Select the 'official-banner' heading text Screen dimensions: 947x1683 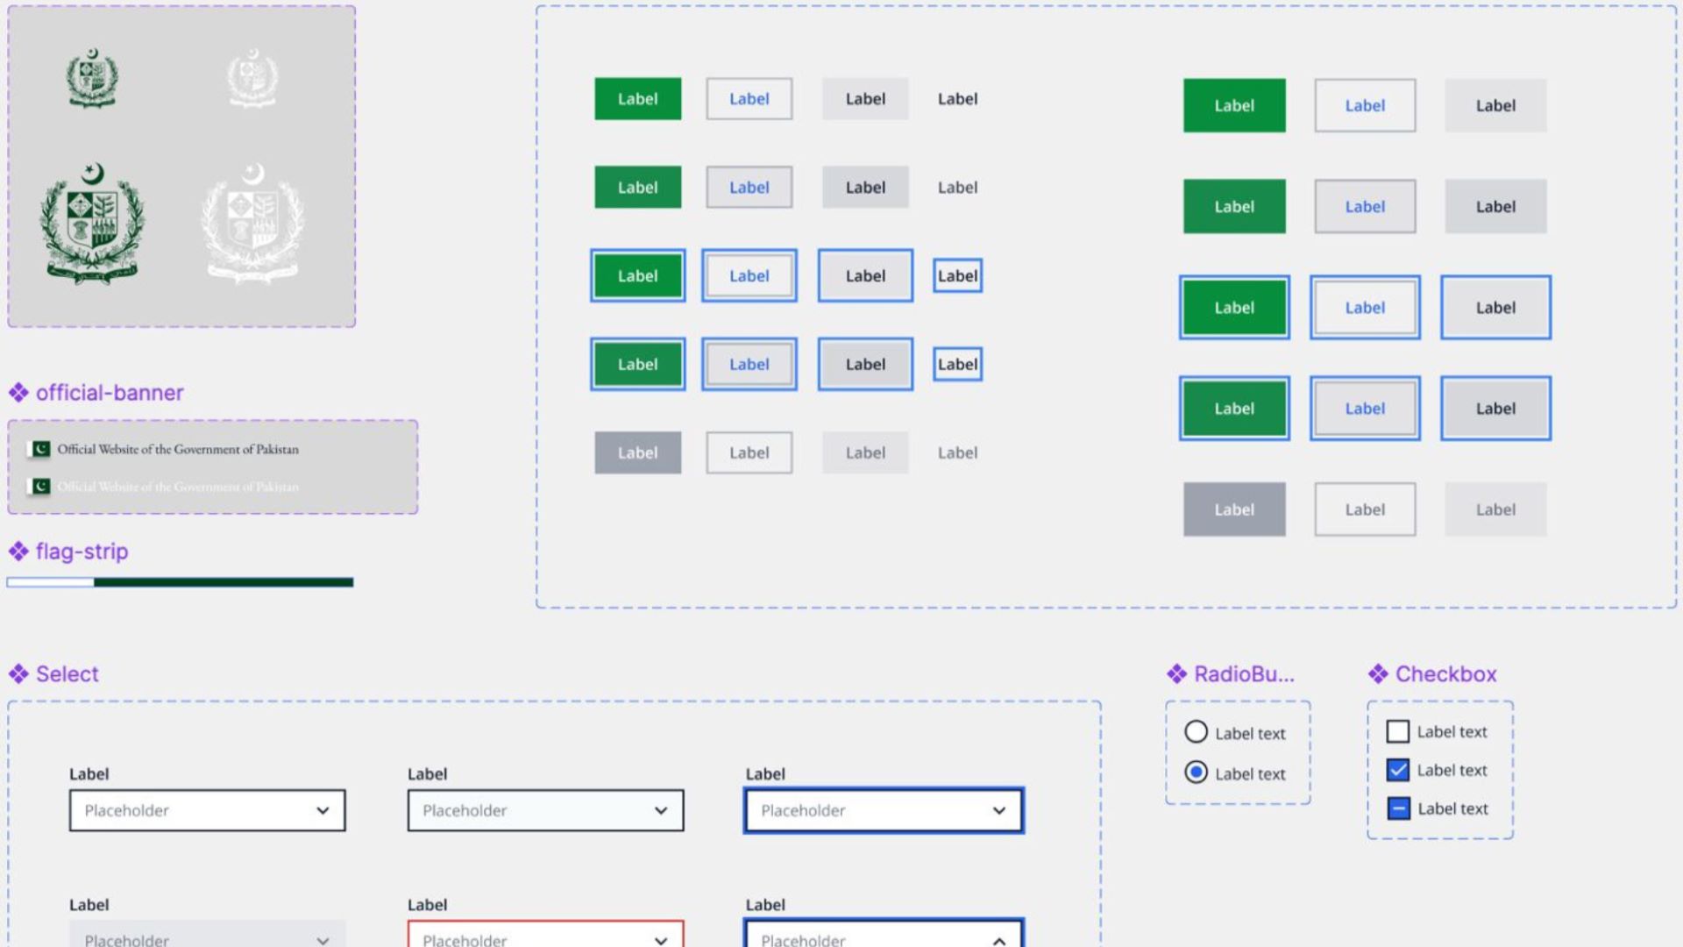(x=110, y=393)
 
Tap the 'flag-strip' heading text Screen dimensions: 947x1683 (x=82, y=552)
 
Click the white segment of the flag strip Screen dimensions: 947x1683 (x=50, y=582)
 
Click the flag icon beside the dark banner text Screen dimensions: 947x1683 (x=40, y=449)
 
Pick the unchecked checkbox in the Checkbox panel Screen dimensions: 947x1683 (x=1398, y=731)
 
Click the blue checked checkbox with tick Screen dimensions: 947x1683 (x=1398, y=770)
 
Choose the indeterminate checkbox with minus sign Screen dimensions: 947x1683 (x=1398, y=808)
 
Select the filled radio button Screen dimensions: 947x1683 (x=1196, y=773)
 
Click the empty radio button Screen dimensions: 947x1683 (x=1196, y=732)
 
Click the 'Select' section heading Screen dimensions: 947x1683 (x=67, y=674)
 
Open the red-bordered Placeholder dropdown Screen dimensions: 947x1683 (x=544, y=935)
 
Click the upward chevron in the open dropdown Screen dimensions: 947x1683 (x=999, y=940)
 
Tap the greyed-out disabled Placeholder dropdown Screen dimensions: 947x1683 (x=207, y=936)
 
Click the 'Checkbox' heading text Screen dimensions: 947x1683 (x=1445, y=674)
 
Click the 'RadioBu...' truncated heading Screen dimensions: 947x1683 (x=1243, y=674)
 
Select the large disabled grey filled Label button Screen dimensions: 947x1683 (x=1234, y=509)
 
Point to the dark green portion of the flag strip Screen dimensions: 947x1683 (x=224, y=582)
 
